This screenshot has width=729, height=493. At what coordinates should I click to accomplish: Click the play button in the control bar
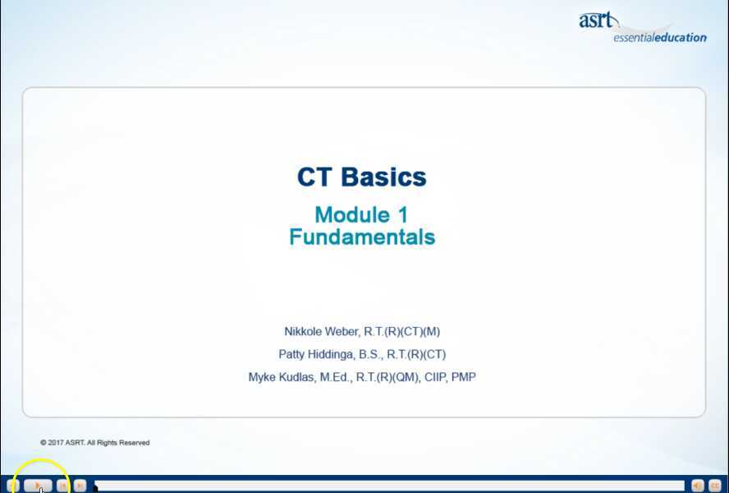click(38, 486)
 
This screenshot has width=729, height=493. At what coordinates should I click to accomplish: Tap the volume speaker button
click(698, 486)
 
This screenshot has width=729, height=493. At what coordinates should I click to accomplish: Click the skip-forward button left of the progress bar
click(80, 486)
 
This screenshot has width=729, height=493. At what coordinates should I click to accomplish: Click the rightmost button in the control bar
click(715, 486)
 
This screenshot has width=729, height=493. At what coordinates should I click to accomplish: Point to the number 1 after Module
click(402, 215)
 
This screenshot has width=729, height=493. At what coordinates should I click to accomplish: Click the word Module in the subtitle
click(352, 215)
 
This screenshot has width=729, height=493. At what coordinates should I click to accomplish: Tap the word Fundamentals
click(362, 237)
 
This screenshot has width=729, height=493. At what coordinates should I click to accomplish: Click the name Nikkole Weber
click(321, 332)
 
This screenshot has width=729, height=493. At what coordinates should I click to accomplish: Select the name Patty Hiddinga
click(316, 355)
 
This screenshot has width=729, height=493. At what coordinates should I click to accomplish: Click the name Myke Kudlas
click(282, 377)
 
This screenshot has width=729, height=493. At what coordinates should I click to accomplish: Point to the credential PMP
click(463, 377)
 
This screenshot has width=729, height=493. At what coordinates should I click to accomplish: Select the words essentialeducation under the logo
click(659, 37)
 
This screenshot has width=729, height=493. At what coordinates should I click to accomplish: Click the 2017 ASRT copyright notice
click(95, 442)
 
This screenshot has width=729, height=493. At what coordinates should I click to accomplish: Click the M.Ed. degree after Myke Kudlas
click(336, 377)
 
